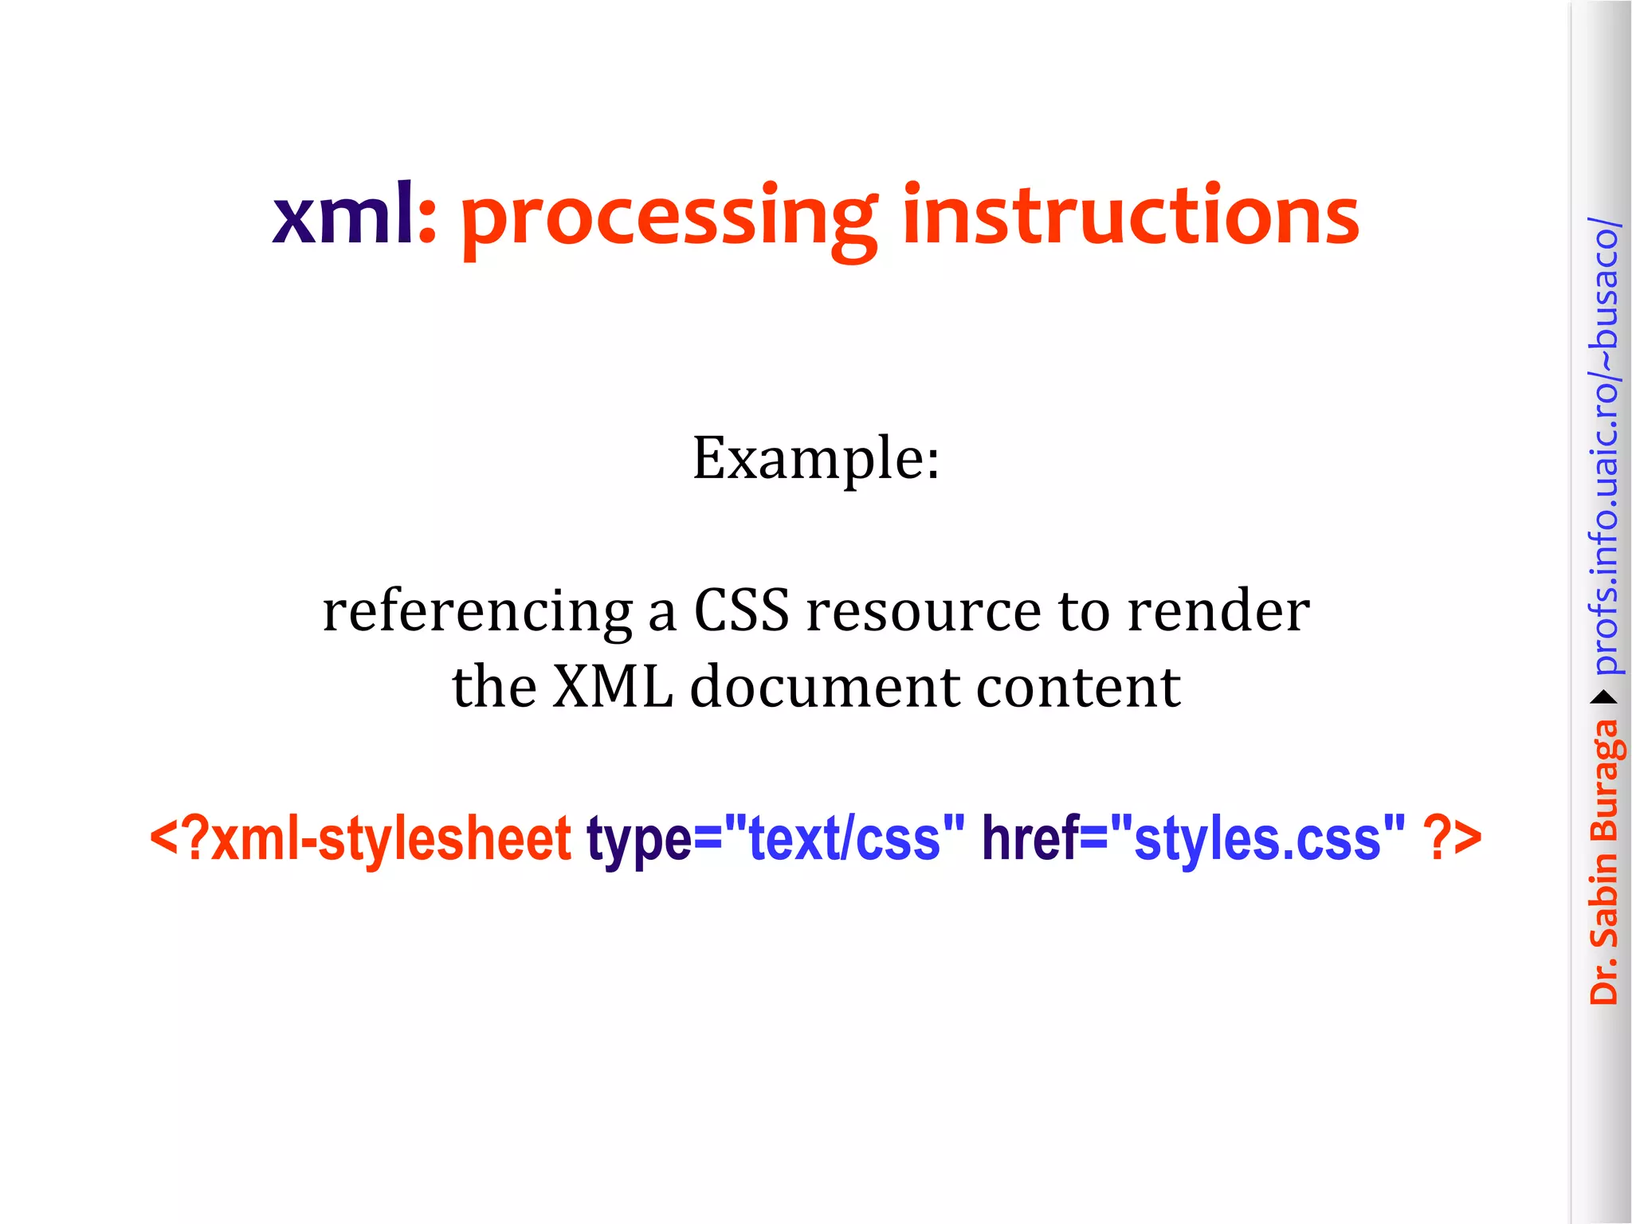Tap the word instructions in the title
click(1131, 215)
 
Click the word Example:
click(816, 459)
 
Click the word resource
click(924, 612)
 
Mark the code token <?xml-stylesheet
click(360, 838)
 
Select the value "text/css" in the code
click(844, 838)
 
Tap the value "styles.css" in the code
click(1257, 838)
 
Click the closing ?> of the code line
click(1452, 838)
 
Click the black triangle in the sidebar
click(1603, 698)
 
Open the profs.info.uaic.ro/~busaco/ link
click(1603, 446)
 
